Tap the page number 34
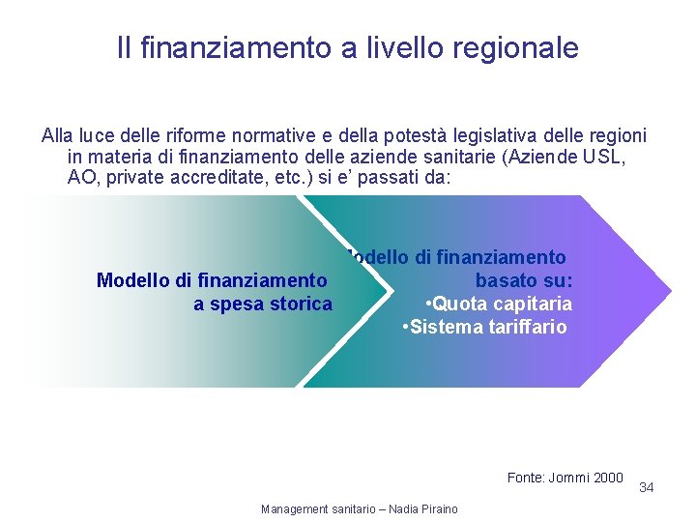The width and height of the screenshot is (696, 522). coord(647,488)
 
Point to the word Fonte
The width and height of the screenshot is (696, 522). coord(525,478)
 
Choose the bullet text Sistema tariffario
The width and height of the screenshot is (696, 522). coord(487,327)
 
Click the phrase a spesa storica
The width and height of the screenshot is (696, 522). coord(262,304)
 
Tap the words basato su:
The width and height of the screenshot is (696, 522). coord(524,280)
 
